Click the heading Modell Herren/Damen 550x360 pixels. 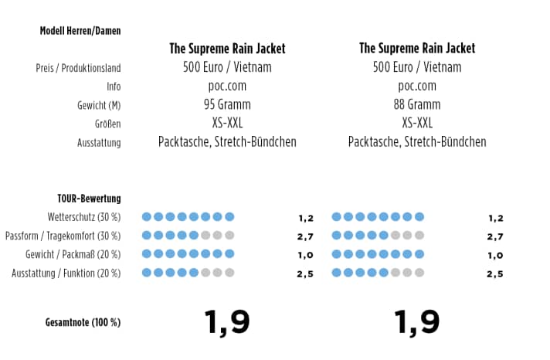80,31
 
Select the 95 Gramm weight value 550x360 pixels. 227,104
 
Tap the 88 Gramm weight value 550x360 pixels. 417,104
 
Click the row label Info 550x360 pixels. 114,87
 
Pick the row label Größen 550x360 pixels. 107,124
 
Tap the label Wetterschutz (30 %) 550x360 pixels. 82,217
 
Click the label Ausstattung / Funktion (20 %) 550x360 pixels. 66,273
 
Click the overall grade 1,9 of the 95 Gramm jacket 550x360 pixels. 227,321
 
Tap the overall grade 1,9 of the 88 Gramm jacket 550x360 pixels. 417,321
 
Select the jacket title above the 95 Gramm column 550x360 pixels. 227,49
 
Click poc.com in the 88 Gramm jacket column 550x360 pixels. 417,86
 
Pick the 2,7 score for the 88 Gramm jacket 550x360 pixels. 495,237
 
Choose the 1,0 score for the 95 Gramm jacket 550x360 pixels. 305,256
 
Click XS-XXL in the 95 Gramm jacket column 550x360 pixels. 227,123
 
